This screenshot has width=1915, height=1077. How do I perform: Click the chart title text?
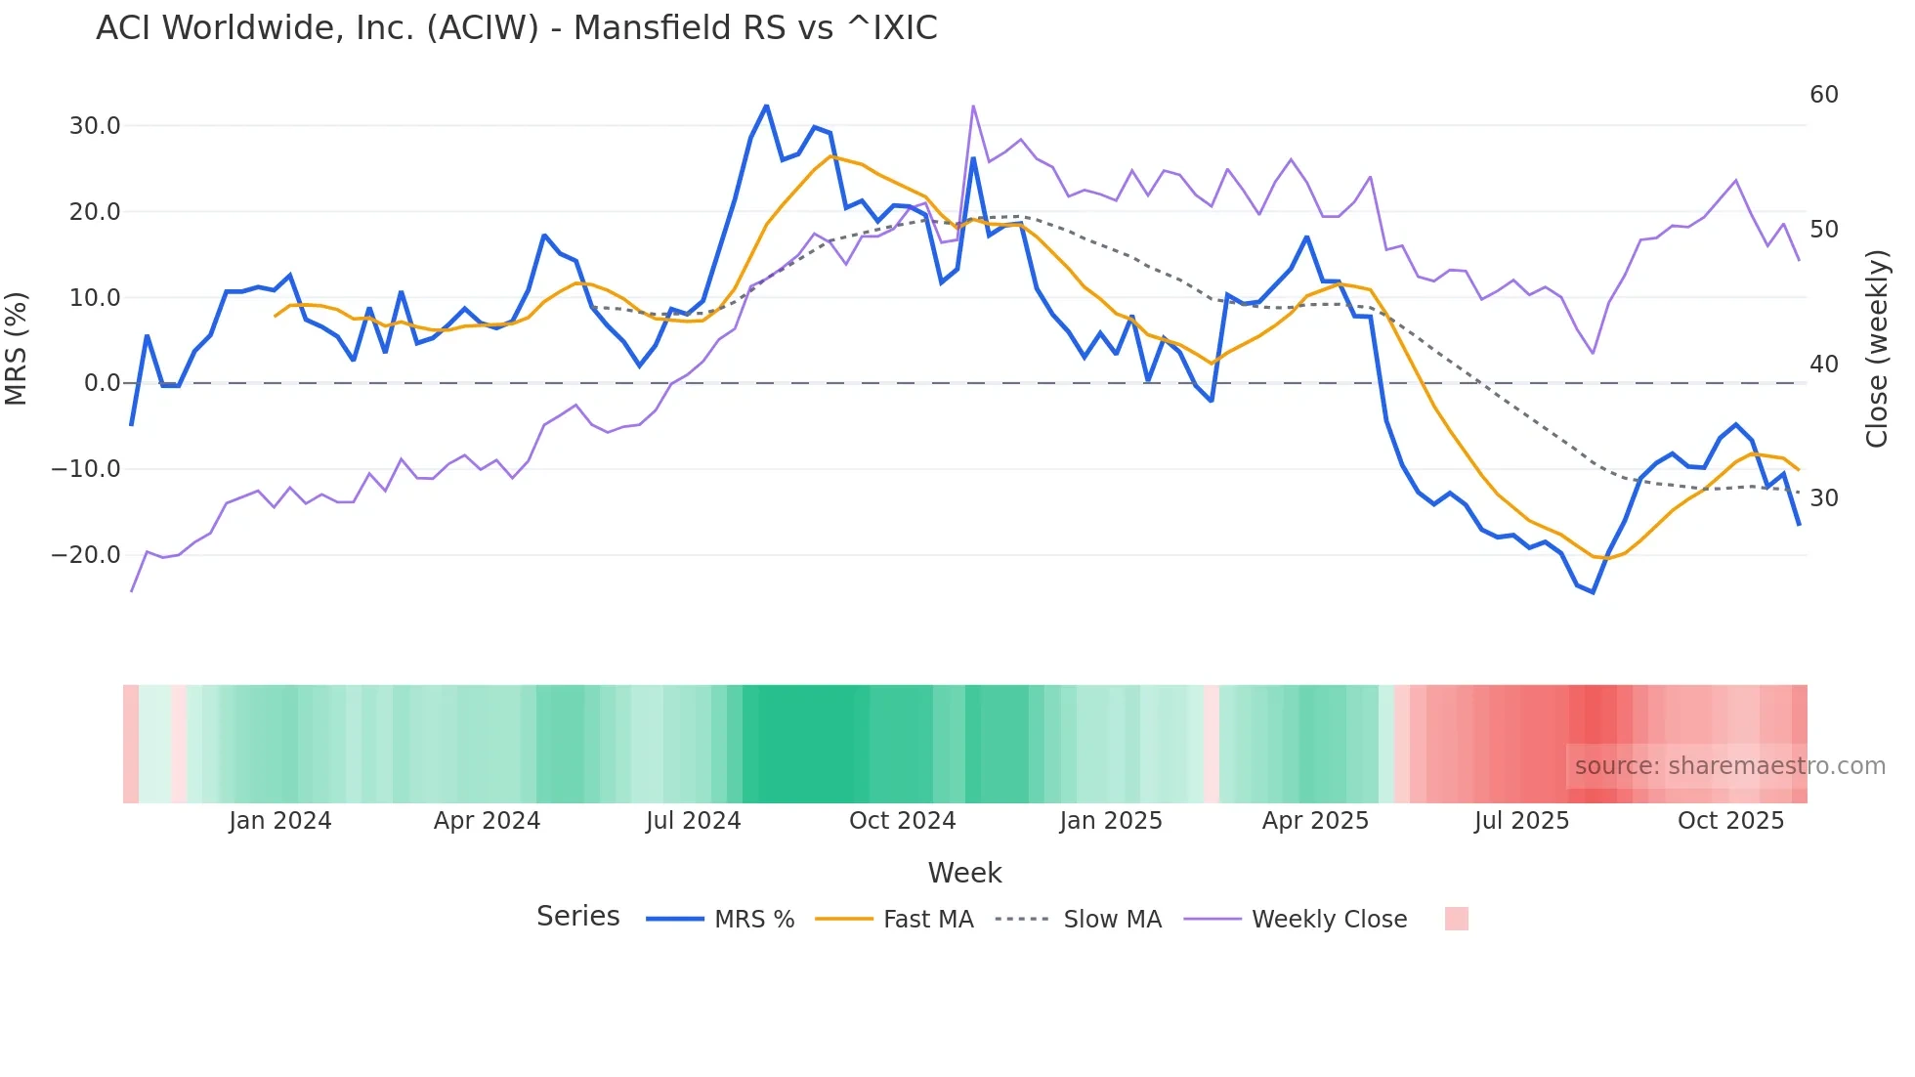click(x=516, y=28)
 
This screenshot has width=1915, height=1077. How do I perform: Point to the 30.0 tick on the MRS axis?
click(x=95, y=126)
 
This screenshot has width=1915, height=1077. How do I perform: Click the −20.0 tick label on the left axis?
click(x=86, y=555)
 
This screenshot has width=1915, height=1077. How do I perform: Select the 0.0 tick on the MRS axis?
click(x=102, y=383)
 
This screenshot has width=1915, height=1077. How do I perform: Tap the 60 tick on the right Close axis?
click(x=1824, y=95)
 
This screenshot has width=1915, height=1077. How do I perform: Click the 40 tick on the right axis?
click(x=1824, y=365)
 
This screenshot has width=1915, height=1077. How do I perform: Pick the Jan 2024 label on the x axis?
click(x=280, y=821)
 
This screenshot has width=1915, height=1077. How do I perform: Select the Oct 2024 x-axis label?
click(x=902, y=821)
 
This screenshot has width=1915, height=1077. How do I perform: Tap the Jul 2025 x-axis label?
click(x=1521, y=821)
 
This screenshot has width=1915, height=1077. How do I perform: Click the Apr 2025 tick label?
click(x=1315, y=821)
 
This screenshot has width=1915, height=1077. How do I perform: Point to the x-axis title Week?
click(x=964, y=873)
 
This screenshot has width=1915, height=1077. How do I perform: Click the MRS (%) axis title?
click(x=17, y=348)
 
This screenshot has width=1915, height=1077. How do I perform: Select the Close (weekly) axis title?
click(x=1877, y=349)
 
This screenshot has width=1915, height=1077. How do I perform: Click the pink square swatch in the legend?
click(x=1456, y=919)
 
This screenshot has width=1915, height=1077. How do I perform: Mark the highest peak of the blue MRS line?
click(x=766, y=106)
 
